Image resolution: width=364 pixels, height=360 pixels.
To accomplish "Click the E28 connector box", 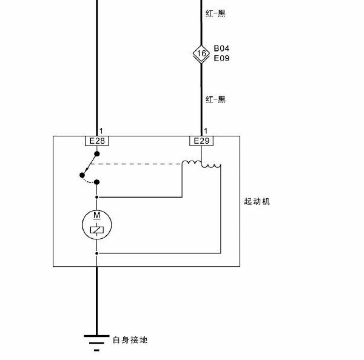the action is tap(97, 141).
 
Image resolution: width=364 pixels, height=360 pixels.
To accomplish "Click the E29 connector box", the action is tap(201, 141).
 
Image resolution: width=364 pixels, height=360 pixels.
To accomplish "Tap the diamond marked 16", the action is tap(201, 53).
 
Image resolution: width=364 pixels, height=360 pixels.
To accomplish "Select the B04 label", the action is tap(221, 48).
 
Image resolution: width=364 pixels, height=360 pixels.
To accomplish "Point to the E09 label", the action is tap(221, 58).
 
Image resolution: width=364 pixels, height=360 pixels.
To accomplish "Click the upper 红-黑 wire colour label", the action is tap(215, 13).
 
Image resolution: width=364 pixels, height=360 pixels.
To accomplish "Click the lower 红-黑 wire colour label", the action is tap(215, 99).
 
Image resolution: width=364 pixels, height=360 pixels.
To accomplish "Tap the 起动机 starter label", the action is tap(257, 201).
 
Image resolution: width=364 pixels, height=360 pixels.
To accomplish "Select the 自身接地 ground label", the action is tap(130, 340).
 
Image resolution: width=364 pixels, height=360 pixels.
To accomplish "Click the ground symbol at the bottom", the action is tap(96, 343).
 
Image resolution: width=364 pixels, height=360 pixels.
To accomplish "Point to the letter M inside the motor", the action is tap(97, 215).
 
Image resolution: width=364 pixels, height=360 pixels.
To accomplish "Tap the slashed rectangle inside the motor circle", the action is tap(97, 230).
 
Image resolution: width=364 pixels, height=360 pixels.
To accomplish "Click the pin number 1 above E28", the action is tap(101, 131).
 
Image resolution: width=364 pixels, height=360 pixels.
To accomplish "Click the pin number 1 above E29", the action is tap(206, 131).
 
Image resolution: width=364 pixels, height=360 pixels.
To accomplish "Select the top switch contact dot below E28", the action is tap(97, 154).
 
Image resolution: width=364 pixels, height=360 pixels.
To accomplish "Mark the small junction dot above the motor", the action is tap(97, 197).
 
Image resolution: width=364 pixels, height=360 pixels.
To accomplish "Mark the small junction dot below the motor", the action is tap(97, 253).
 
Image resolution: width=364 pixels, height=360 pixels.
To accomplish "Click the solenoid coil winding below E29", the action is tap(201, 164).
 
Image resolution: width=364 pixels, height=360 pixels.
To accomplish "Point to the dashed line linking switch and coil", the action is tap(136, 164).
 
